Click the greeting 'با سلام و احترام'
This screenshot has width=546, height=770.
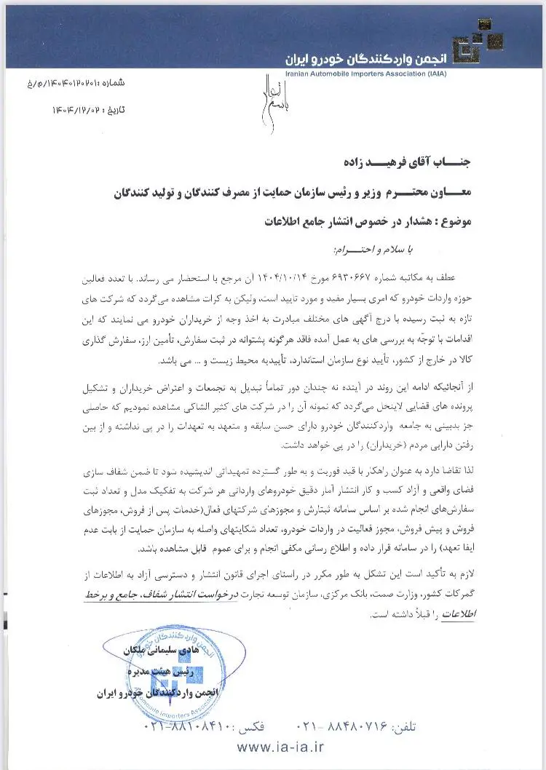pyautogui.click(x=368, y=250)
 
